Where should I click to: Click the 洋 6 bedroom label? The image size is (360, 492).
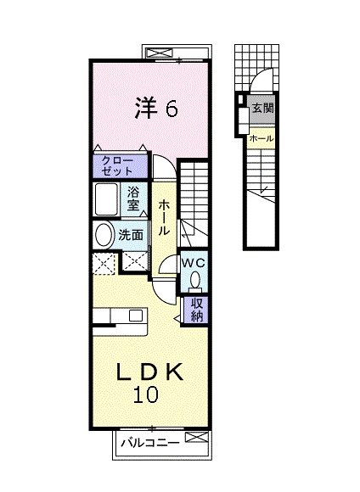(156, 108)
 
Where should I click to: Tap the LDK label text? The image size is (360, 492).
(149, 372)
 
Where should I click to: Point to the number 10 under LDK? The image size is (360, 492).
(145, 394)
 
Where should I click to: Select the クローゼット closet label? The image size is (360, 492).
(117, 166)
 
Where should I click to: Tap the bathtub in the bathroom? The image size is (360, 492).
(106, 199)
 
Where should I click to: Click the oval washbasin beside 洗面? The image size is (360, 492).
(104, 234)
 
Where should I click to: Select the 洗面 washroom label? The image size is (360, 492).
(131, 235)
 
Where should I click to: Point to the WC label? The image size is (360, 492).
(194, 263)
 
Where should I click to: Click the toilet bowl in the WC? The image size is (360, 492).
(195, 280)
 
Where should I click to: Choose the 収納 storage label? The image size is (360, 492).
(197, 310)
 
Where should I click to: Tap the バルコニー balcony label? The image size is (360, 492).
(151, 443)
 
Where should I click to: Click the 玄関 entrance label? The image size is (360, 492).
(262, 109)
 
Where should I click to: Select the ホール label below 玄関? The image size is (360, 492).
(261, 138)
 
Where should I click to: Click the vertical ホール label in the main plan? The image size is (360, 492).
(164, 218)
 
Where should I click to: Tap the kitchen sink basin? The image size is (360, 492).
(136, 315)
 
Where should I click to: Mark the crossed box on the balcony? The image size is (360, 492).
(197, 437)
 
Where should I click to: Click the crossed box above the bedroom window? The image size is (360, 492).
(160, 53)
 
